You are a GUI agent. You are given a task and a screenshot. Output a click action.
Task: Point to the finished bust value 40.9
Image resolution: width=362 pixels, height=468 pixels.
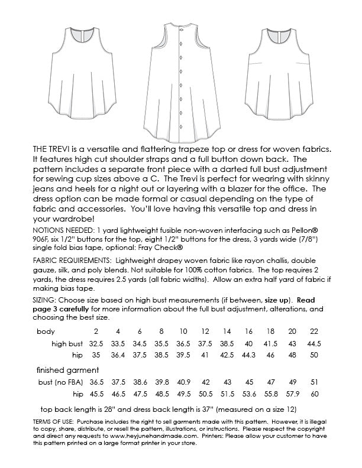184,382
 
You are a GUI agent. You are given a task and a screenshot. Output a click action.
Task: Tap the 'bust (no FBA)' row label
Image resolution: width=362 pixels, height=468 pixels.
58,382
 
